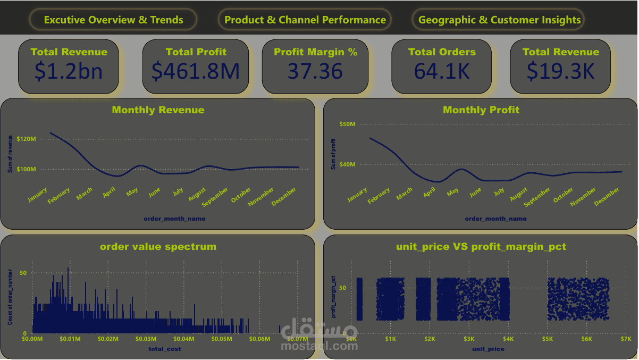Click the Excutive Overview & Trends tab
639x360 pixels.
click(113, 20)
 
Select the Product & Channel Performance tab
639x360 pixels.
click(305, 20)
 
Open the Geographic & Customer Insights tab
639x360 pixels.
click(499, 20)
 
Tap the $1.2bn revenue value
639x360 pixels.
click(69, 71)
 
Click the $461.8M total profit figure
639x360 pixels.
click(196, 71)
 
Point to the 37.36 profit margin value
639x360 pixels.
click(315, 71)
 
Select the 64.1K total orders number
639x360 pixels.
click(442, 71)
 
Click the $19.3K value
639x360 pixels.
click(560, 71)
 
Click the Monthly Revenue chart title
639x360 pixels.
click(158, 110)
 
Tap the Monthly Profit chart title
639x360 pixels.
click(481, 110)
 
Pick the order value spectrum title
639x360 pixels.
click(158, 247)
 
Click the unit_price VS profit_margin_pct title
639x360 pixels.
click(481, 247)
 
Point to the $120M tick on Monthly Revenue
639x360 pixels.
click(26, 139)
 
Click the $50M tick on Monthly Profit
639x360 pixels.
click(347, 124)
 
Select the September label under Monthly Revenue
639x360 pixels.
click(215, 196)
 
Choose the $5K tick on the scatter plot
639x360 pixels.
click(548, 339)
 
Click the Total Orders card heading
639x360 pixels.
click(442, 52)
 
